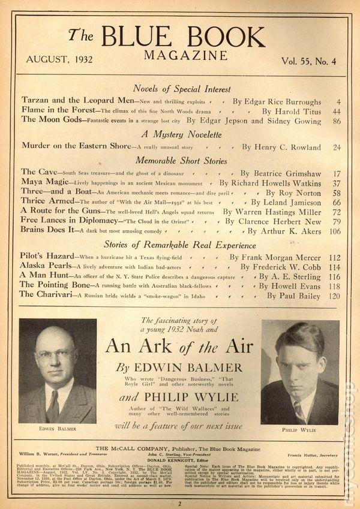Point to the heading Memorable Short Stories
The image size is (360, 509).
tap(181, 161)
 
